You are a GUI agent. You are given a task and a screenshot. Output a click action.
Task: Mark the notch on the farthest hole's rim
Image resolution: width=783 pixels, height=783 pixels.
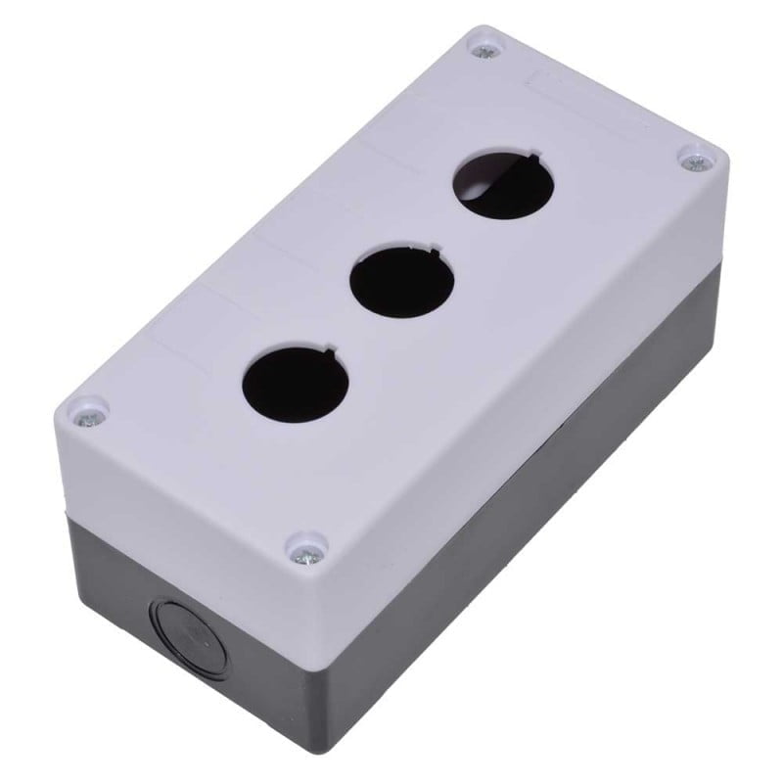pyautogui.click(x=528, y=155)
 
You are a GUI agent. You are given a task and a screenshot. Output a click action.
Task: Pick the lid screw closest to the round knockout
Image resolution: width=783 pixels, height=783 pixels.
pyautogui.click(x=303, y=554)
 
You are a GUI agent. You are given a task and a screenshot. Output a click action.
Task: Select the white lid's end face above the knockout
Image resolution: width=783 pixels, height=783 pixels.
pyautogui.click(x=176, y=489)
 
